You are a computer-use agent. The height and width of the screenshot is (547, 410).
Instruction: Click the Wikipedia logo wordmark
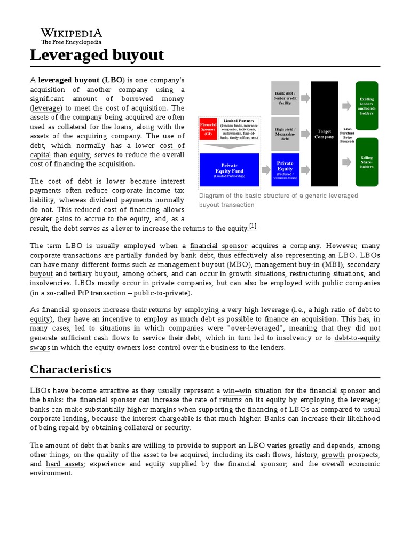click(72, 33)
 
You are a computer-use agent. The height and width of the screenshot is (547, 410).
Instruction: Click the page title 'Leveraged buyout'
click(97, 55)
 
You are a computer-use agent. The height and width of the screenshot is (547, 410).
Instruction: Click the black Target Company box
click(325, 134)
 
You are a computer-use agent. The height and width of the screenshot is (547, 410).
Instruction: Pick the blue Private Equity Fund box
click(228, 170)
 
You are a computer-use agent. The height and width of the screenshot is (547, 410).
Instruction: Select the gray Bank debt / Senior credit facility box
click(286, 98)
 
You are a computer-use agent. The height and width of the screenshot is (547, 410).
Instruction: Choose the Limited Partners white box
click(238, 129)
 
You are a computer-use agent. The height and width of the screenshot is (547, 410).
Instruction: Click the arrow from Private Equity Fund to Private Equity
click(265, 170)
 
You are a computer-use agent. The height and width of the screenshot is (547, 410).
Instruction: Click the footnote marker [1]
click(253, 226)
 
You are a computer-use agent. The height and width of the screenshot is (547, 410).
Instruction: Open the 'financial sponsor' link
click(218, 246)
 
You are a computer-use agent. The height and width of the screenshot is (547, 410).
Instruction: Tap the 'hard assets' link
click(65, 464)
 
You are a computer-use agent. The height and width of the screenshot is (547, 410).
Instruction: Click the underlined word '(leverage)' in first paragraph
click(45, 108)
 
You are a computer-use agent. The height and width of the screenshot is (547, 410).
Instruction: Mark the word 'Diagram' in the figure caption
click(211, 196)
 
